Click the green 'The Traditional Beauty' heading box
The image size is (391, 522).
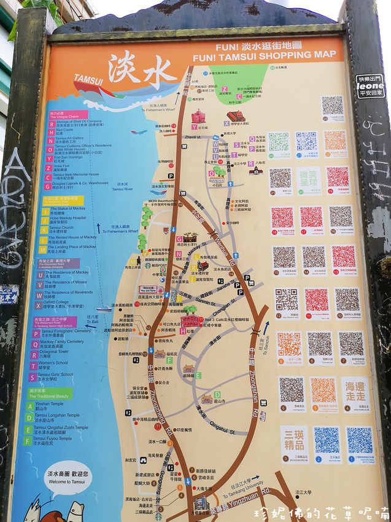point(50,394)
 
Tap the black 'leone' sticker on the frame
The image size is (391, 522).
point(371,87)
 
